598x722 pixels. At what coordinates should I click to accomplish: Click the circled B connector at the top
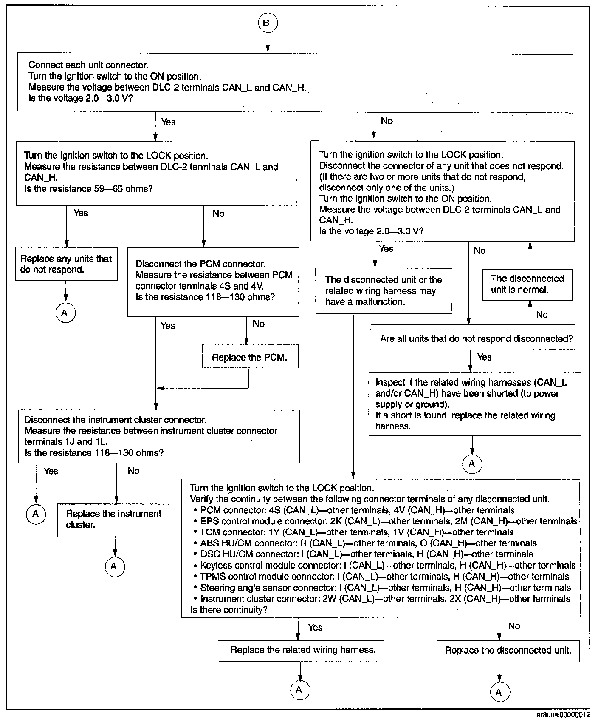point(267,23)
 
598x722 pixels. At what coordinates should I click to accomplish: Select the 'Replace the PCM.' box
point(250,358)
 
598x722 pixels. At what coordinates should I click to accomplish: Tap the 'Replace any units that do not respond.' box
point(66,264)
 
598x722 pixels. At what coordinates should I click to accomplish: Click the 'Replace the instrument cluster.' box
point(113,519)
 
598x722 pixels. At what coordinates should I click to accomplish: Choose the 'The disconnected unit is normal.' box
point(527,284)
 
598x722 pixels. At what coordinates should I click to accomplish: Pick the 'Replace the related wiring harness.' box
point(302,650)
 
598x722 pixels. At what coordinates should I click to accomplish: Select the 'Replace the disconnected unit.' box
point(508,650)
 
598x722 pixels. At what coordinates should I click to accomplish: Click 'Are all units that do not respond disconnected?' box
point(476,339)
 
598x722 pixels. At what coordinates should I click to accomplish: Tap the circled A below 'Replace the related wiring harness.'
point(299,690)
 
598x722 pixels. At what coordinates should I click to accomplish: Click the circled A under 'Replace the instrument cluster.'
point(114,566)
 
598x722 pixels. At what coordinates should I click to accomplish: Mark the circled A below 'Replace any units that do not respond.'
point(65,313)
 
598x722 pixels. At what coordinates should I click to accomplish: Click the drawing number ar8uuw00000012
point(563,715)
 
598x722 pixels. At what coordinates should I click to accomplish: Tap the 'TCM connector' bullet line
point(357,532)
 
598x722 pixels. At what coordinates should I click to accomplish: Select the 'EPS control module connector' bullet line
point(389,521)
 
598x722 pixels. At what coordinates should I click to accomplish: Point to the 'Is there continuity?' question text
point(229,610)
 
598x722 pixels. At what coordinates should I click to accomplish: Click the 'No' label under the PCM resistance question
point(258,324)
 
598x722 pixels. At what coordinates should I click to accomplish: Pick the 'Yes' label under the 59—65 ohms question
point(81,213)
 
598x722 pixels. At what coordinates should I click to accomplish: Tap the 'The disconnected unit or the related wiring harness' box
point(384,291)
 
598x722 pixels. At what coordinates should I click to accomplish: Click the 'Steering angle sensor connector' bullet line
point(385,588)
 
